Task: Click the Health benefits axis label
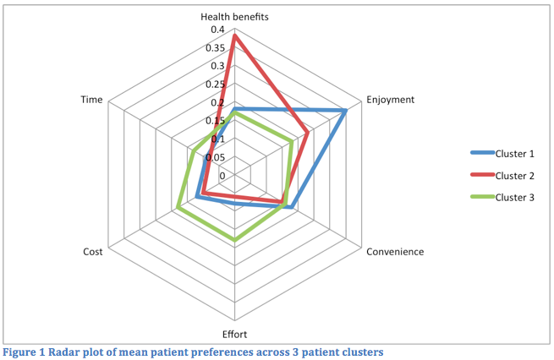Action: [x=234, y=17]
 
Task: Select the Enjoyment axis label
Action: [x=390, y=100]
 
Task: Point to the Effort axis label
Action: [x=234, y=333]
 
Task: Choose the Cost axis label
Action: [x=93, y=252]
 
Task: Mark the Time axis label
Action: [x=91, y=100]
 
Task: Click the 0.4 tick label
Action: [x=218, y=30]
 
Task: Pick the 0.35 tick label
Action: [x=216, y=48]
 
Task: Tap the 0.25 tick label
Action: [x=216, y=85]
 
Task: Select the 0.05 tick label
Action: [x=216, y=157]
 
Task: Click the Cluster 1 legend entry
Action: [x=514, y=153]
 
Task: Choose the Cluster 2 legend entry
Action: [x=514, y=175]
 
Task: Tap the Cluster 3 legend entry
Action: [x=514, y=197]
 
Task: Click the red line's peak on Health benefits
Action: [x=234, y=35]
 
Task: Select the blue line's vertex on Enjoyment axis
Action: [x=346, y=111]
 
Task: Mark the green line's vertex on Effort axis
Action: [x=234, y=241]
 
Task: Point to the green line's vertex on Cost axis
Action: [x=178, y=208]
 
